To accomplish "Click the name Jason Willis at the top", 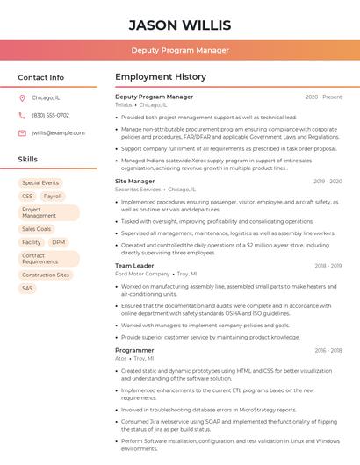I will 180,25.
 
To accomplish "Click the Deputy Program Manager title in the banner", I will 180,50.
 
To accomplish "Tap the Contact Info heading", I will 41,77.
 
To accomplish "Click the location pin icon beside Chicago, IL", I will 22,98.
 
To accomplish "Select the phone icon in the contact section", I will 22,116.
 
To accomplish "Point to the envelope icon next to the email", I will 22,133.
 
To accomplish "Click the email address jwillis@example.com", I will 58,133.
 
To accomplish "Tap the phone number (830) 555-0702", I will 50,116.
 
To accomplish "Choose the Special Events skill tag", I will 40,183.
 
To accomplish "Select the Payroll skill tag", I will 53,197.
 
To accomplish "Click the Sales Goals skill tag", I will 37,229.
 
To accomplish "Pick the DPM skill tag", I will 58,242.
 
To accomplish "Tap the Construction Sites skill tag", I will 46,275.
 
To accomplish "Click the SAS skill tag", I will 27,288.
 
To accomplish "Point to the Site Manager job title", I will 134,182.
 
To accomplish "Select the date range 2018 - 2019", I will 328,266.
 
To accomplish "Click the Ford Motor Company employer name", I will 142,274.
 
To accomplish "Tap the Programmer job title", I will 134,350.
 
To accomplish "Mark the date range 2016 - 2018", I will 328,350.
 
